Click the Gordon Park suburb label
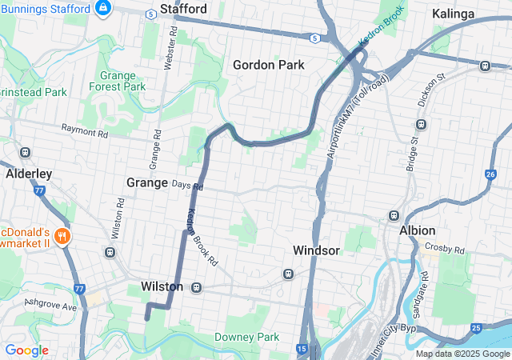pos(269,65)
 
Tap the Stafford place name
pos(183,10)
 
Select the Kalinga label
pos(454,14)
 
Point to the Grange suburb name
pos(147,182)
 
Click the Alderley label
pos(29,173)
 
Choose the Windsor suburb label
pos(316,250)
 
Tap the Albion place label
pos(417,230)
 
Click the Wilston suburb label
pos(162,286)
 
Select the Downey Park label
pos(247,337)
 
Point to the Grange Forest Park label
pos(123,81)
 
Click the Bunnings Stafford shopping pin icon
pos(102,8)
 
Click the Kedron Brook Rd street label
pos(202,238)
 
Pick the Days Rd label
pos(188,186)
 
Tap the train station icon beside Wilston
pos(195,286)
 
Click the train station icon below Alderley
pos(26,152)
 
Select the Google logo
pos(26,350)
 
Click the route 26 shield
pos(490,174)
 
